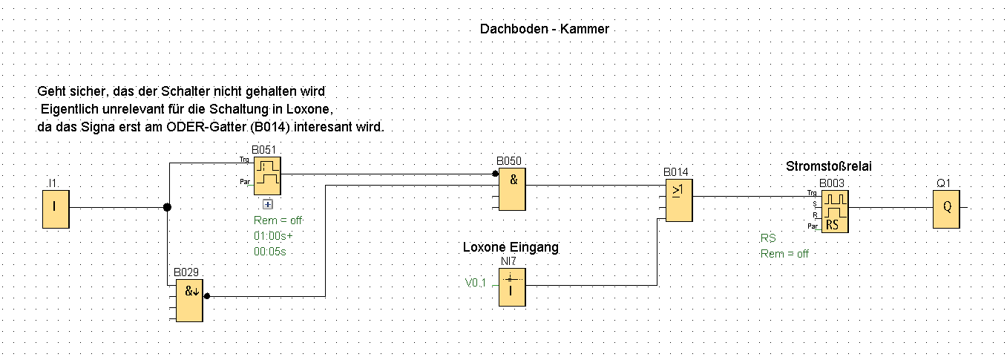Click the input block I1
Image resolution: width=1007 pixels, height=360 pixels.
coord(55,208)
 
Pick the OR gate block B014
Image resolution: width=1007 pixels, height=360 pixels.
coord(678,201)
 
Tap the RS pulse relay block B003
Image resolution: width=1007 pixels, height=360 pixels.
coord(835,211)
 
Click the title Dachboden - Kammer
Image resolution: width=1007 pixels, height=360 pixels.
coord(544,29)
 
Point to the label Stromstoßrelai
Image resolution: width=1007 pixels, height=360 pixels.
coord(828,166)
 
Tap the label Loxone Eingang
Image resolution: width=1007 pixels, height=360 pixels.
coord(511,247)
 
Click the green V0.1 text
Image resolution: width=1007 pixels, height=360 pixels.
coord(476,283)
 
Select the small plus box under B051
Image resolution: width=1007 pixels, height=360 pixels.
coord(268,204)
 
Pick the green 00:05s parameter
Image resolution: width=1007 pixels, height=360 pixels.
coord(270,252)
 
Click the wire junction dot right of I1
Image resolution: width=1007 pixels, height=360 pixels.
coord(167,208)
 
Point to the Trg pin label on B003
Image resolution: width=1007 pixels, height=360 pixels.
coord(813,193)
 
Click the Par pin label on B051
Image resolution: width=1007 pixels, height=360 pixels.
coord(243,181)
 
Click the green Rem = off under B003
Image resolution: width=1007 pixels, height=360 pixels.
coord(784,254)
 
